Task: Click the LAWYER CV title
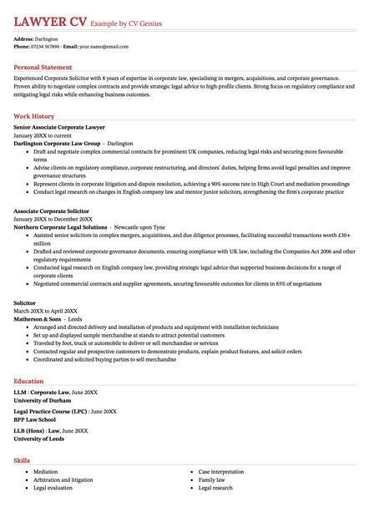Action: pos(48,18)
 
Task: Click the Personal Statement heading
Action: pos(43,67)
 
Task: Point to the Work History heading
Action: pos(34,116)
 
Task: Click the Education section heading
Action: pos(29,381)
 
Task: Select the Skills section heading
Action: pos(22,460)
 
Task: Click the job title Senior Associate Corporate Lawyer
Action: pos(59,127)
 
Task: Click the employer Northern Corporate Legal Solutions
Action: pos(60,227)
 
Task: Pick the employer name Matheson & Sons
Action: pos(38,319)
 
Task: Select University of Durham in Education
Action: pos(43,400)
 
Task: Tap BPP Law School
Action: pos(36,419)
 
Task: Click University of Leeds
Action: pos(38,438)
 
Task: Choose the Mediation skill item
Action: pos(46,472)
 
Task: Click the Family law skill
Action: pos(212,480)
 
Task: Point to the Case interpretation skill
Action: pos(221,472)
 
